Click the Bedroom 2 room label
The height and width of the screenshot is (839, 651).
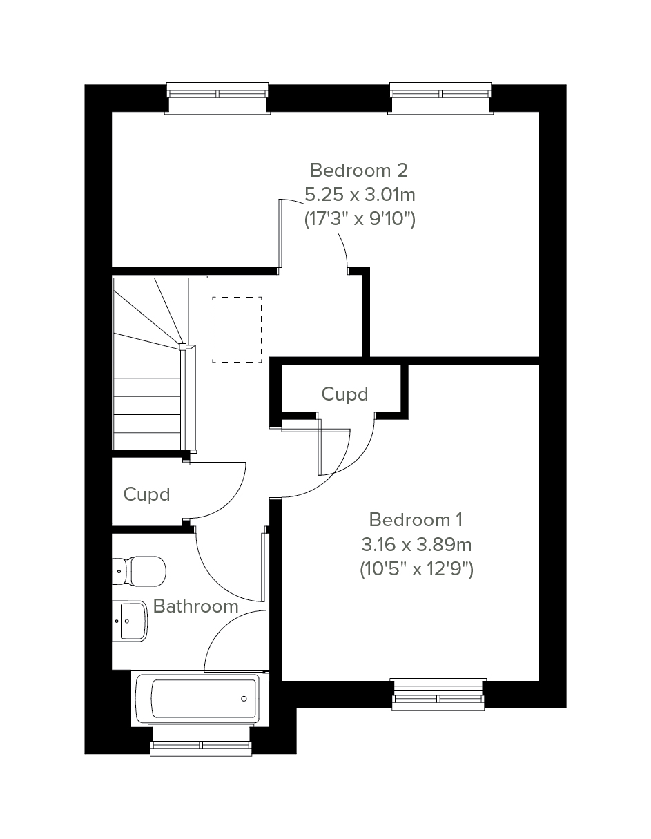click(358, 171)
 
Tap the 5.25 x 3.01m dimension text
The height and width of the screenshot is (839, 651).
click(360, 195)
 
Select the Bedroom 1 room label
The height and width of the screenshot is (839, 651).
click(416, 519)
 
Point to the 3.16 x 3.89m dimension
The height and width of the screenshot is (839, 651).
click(416, 545)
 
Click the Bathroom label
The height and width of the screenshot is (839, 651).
click(195, 606)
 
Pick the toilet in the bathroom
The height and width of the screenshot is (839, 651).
click(139, 571)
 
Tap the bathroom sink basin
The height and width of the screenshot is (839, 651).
click(130, 621)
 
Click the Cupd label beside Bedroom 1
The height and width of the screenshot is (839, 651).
click(344, 394)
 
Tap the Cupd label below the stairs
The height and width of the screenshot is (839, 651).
click(146, 494)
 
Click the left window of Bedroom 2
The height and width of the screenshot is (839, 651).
click(217, 98)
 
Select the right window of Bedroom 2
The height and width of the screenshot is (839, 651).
click(440, 98)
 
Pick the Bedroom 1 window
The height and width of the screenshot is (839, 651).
click(438, 694)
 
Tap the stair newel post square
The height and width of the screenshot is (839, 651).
click(182, 347)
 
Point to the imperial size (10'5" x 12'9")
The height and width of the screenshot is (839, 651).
click(416, 570)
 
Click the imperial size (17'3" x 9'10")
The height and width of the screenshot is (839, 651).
click(360, 220)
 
